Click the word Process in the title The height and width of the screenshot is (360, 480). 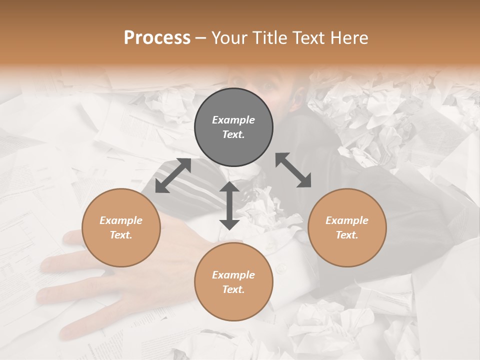point(157,38)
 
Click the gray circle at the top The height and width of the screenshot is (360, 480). point(233,127)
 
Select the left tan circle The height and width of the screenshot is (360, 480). point(121,227)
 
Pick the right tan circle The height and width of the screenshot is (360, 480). point(346,227)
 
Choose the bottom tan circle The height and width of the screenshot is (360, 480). point(233,282)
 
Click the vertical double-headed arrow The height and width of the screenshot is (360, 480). point(229,205)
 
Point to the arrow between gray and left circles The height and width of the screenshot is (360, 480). point(173,175)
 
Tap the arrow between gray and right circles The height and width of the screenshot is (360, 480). point(293,170)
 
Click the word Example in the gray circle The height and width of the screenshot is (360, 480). point(233,120)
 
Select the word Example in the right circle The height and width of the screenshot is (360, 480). point(346,220)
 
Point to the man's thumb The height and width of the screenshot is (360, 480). point(72,236)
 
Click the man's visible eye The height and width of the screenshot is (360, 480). point(269,85)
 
